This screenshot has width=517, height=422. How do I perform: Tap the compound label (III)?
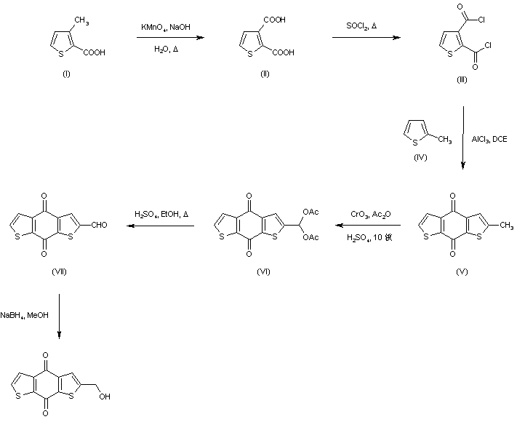(x=462, y=80)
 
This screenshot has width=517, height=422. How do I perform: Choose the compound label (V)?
(x=461, y=271)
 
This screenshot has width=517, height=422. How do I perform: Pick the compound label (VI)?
(x=263, y=271)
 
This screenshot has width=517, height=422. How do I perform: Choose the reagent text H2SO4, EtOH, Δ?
(x=161, y=214)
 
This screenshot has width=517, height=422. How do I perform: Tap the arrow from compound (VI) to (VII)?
(x=162, y=226)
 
